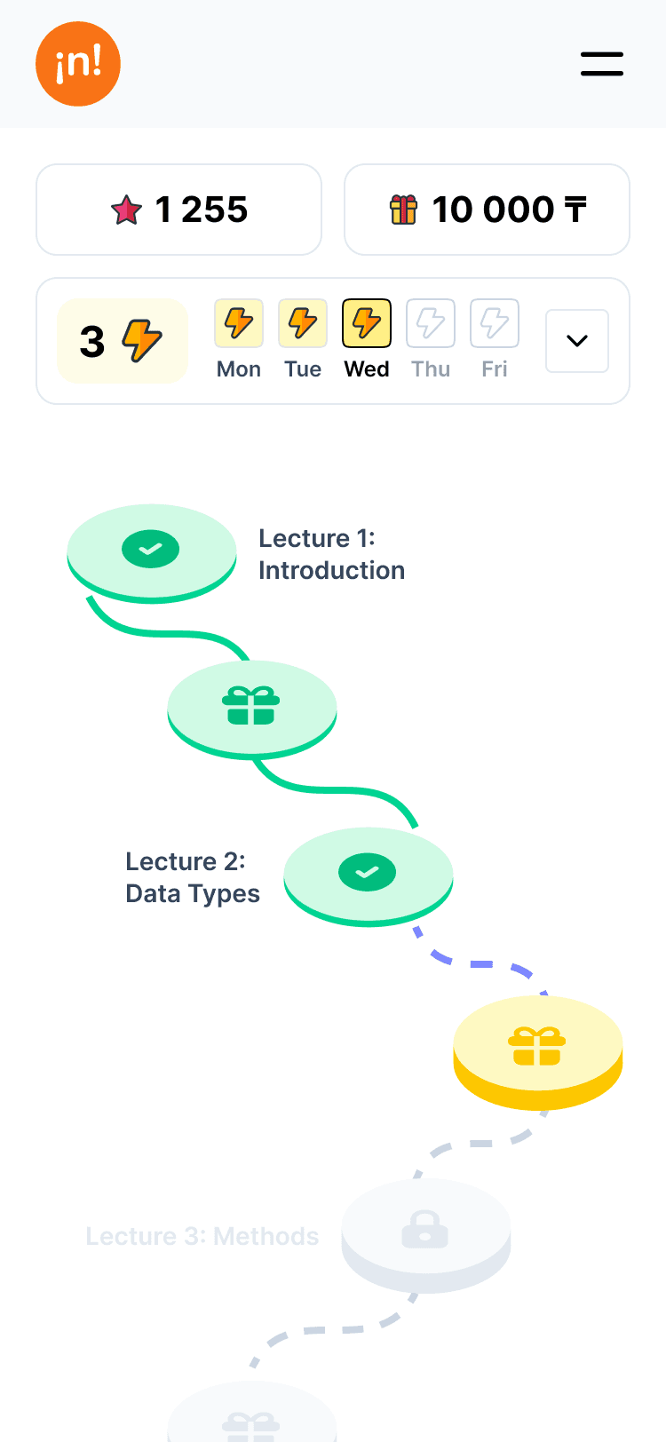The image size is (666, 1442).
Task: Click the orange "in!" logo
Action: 78,64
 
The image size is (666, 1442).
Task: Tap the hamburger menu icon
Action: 602,64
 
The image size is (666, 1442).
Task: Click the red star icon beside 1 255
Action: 126,210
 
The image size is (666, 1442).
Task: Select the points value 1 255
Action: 202,210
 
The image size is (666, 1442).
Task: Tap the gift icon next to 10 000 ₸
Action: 403,210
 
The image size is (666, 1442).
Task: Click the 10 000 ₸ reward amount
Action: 509,210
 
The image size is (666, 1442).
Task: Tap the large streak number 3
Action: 92,342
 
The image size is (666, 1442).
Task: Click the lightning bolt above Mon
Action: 239,323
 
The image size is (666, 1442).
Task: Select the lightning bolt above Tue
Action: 303,323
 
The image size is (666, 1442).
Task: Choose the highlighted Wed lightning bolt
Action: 367,323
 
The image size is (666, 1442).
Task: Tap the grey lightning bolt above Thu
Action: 431,323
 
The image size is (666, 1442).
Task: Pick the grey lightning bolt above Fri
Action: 495,323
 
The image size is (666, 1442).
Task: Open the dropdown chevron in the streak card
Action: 577,341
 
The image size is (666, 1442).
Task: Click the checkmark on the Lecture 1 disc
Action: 151,550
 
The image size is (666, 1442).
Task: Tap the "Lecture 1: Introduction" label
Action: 331,554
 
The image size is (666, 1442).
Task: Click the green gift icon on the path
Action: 251,706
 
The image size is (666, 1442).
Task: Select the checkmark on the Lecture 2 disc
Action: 368,873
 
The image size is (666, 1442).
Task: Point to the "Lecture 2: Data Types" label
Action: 193,877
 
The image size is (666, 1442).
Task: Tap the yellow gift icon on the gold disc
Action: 537,1046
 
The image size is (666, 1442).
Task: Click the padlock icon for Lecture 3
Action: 425,1229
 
